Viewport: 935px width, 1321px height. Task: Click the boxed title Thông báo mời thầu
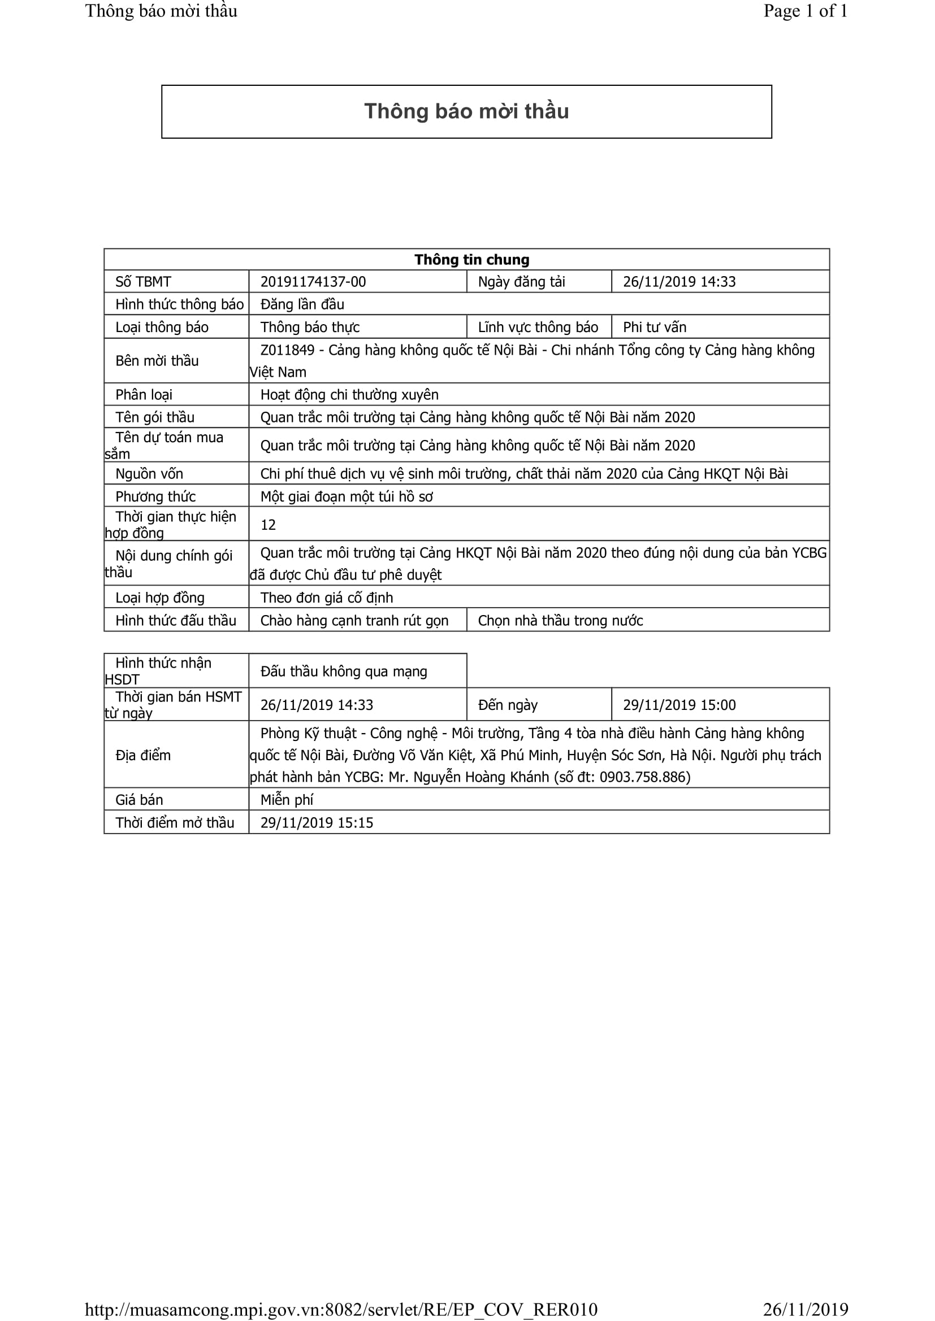coord(466,111)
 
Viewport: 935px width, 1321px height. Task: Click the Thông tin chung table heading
coord(471,259)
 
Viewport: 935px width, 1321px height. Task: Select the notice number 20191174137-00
coord(313,281)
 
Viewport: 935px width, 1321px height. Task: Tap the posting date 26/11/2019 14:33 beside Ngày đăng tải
coord(679,281)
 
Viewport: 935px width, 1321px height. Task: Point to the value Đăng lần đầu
coord(302,304)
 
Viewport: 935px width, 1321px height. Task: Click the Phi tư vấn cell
coord(654,327)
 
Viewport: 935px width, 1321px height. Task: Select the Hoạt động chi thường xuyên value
coord(349,394)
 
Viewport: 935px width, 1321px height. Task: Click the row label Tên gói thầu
coord(154,417)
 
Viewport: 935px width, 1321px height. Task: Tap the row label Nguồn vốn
coord(149,473)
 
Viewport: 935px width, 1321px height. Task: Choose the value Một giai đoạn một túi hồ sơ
coord(346,496)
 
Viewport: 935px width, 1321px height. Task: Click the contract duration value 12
coord(268,524)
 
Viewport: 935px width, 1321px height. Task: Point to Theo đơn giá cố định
coord(326,597)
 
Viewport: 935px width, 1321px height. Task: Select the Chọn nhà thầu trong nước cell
coord(560,620)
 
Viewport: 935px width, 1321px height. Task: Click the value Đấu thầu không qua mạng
coord(343,671)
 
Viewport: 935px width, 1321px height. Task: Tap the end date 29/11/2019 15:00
coord(679,705)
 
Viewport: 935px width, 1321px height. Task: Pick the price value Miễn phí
coord(286,799)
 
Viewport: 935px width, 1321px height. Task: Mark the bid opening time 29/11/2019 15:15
coord(316,822)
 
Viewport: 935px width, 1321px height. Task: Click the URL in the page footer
coord(341,1310)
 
